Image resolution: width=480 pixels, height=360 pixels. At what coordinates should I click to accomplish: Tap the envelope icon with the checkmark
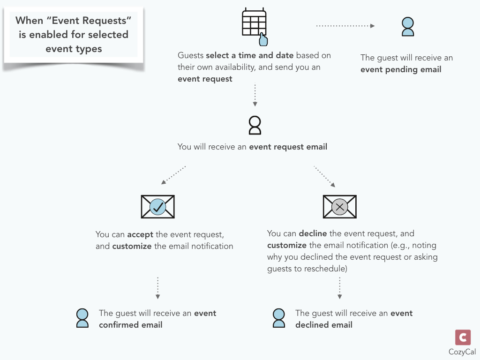tap(157, 207)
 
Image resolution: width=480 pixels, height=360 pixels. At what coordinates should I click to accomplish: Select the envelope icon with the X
tap(339, 207)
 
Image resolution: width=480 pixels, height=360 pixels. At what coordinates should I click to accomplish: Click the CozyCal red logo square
tap(463, 337)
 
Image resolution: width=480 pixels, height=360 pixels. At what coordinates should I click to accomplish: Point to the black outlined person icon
tap(255, 125)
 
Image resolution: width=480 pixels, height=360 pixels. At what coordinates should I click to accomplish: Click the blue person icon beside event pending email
tap(408, 27)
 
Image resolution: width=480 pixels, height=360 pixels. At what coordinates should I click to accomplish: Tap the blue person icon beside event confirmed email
tap(82, 318)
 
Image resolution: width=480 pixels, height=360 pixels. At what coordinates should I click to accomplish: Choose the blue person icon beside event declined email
tap(279, 318)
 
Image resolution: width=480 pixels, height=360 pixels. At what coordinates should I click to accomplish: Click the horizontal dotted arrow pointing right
tap(345, 26)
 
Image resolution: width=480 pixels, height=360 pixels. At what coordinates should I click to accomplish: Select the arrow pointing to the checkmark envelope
tap(173, 175)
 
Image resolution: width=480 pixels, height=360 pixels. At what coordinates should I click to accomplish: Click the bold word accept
tap(140, 234)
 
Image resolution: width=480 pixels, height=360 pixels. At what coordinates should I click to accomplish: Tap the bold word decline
tap(313, 233)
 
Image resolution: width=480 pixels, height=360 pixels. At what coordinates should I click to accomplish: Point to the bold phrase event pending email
tap(401, 70)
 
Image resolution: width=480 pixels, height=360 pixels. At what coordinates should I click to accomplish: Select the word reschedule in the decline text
tap(324, 269)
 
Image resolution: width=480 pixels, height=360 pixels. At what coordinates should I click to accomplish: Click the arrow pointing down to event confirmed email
tap(157, 288)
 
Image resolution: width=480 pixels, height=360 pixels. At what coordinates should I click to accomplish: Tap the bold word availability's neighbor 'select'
tap(217, 55)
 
